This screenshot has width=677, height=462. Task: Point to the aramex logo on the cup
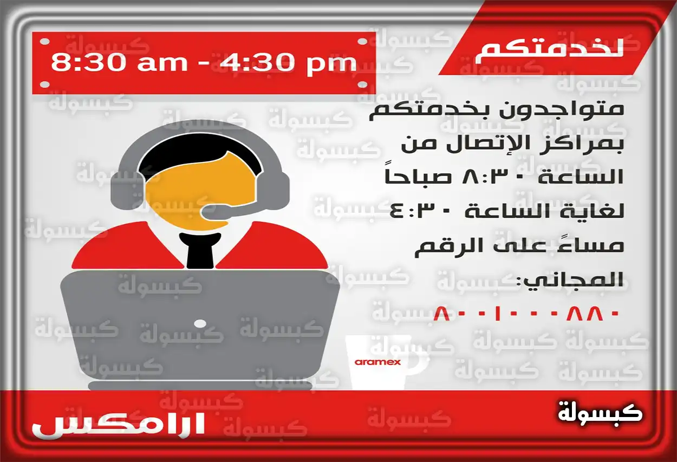click(377, 361)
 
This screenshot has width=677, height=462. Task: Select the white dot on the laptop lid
click(199, 324)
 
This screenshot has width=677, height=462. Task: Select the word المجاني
click(573, 280)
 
